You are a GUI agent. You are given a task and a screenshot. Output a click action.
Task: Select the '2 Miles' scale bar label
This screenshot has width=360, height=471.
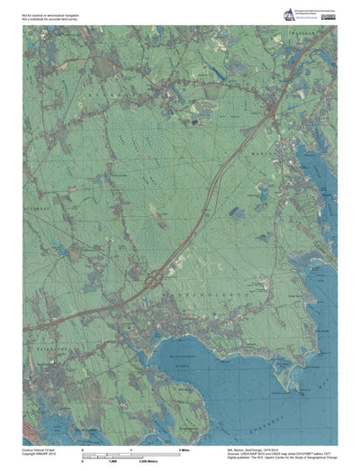(183, 448)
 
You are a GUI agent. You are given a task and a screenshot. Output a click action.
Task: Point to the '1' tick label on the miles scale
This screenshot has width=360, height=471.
(132, 448)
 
